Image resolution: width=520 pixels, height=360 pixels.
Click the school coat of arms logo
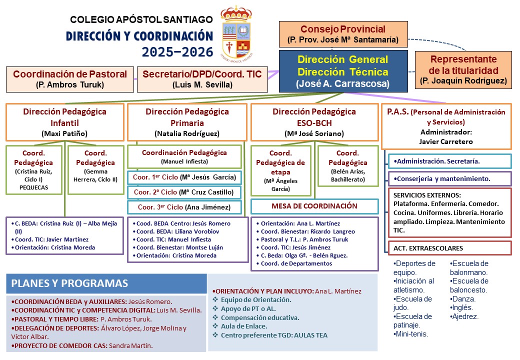(x=236, y=31)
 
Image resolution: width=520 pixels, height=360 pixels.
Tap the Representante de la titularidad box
(x=463, y=69)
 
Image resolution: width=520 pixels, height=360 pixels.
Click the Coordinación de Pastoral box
(x=70, y=79)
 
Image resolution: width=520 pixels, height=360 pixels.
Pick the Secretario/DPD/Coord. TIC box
(x=202, y=79)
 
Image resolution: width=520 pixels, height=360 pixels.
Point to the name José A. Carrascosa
(x=342, y=84)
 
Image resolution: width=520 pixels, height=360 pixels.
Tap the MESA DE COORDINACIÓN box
(x=314, y=206)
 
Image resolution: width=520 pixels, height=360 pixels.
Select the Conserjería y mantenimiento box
(x=449, y=178)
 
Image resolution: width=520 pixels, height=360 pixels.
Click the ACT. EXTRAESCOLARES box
(x=449, y=248)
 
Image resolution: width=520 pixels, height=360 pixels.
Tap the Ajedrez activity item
(x=464, y=316)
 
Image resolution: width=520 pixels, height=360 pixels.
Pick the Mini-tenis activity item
(x=412, y=334)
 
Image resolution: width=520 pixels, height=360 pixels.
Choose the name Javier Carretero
(x=446, y=141)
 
